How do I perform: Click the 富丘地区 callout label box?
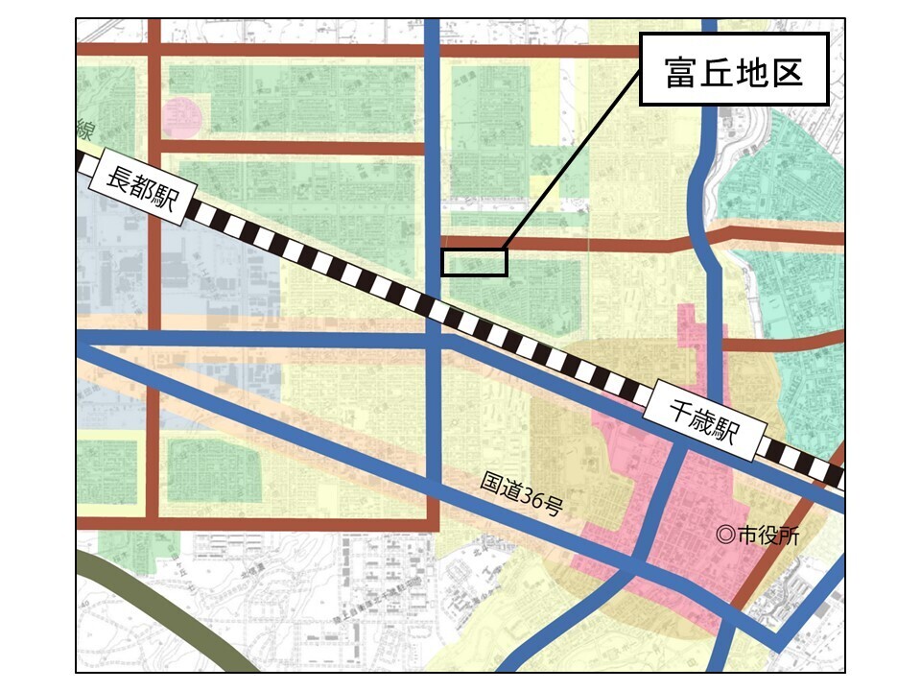(734, 71)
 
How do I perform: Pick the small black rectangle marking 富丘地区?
(473, 262)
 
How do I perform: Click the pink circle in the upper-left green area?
(182, 116)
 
